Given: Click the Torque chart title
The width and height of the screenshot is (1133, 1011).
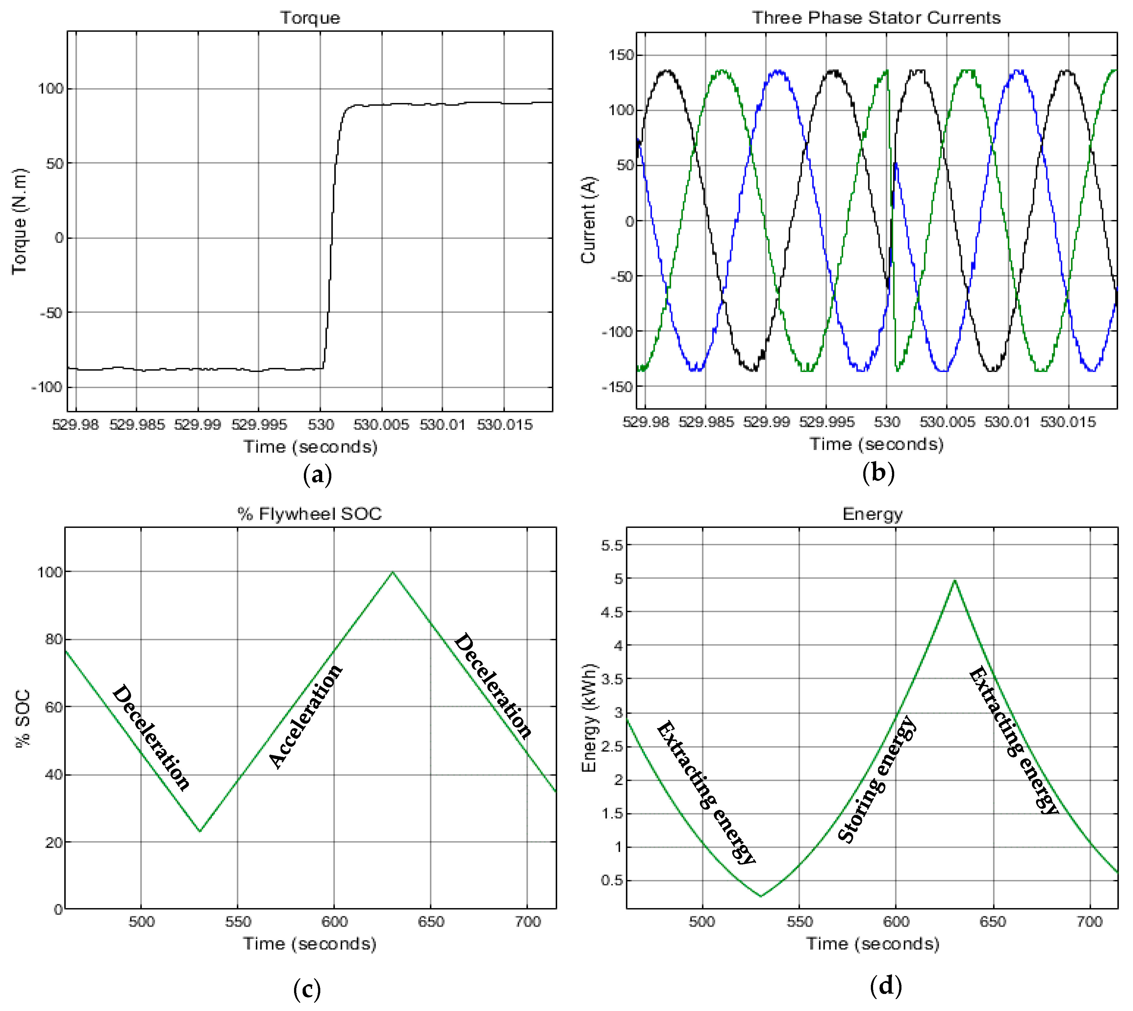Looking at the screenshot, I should pos(310,18).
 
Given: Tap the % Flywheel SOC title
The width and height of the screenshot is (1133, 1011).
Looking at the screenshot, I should pos(310,514).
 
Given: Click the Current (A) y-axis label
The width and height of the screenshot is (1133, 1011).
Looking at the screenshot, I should pos(588,220).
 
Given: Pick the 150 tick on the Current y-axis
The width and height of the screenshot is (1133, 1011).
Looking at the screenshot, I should pos(621,55).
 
